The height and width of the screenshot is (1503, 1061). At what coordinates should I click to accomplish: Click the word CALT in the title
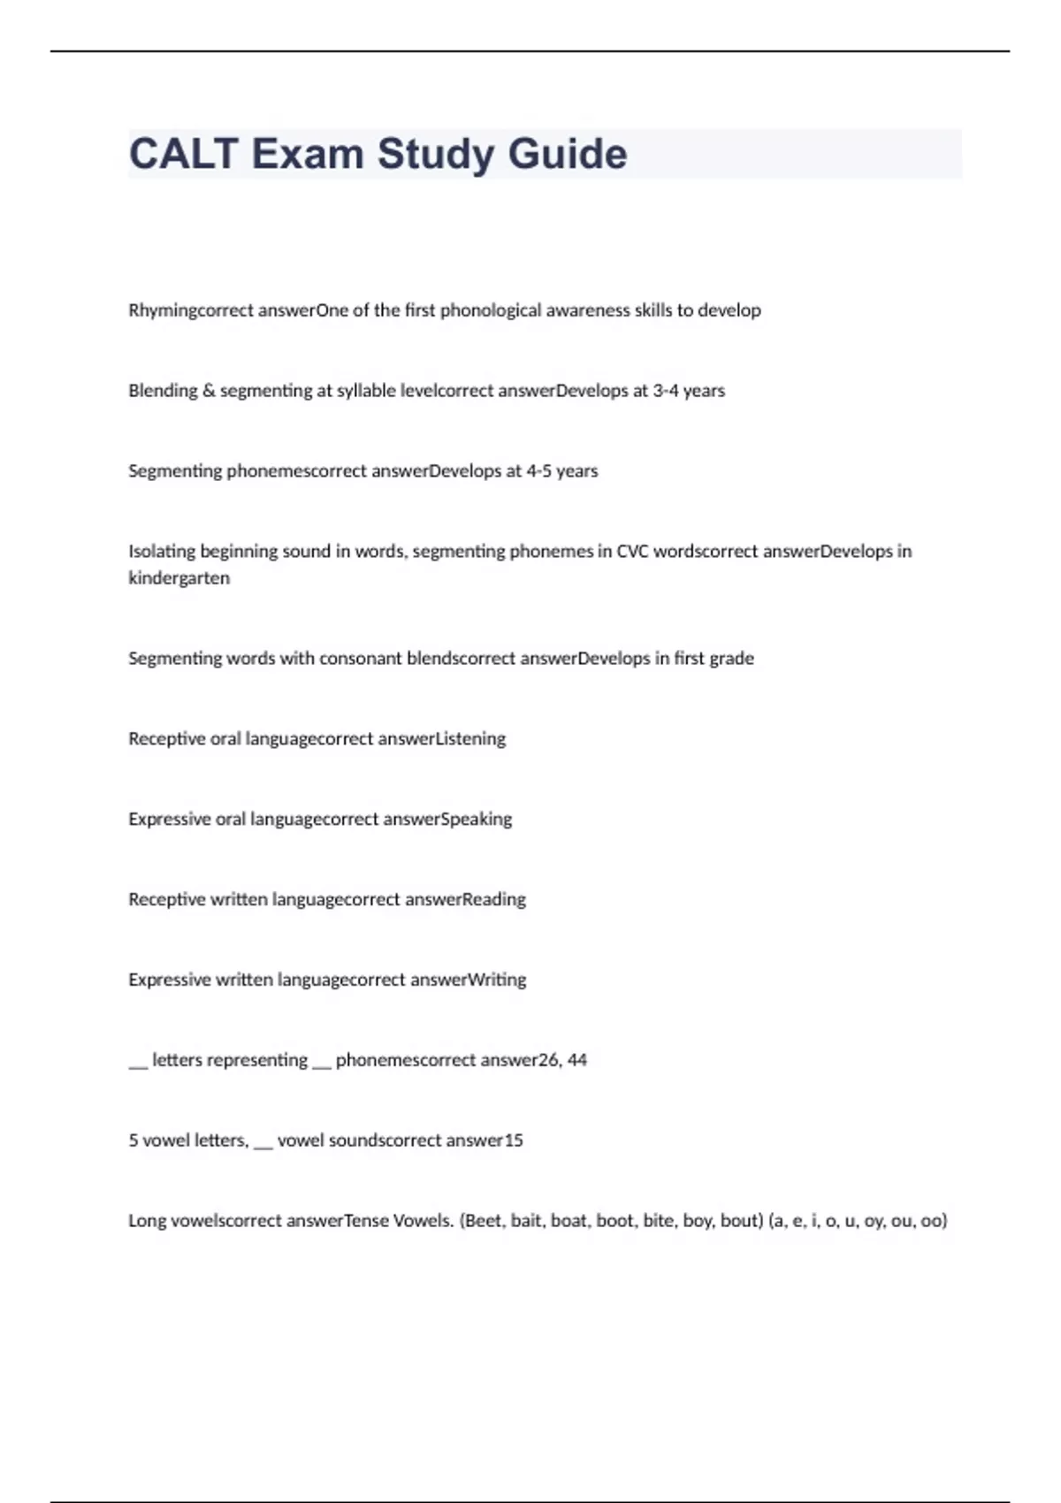(x=184, y=154)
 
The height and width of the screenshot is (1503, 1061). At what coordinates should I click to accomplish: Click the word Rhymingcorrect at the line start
(x=190, y=310)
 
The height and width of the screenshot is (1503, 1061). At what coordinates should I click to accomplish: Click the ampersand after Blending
(x=209, y=391)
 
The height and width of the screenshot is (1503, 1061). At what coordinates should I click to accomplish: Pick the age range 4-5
(x=538, y=471)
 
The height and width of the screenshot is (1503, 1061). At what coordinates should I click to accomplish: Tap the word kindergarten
(x=179, y=578)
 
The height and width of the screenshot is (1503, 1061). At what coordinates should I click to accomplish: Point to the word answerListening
(x=441, y=739)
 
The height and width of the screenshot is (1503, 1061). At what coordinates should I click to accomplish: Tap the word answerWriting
(x=469, y=980)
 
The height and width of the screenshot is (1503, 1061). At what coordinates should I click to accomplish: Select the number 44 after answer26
(x=576, y=1060)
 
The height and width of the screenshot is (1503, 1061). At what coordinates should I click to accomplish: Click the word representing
(x=230, y=1060)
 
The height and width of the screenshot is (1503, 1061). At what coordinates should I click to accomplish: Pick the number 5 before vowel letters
(x=133, y=1141)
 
